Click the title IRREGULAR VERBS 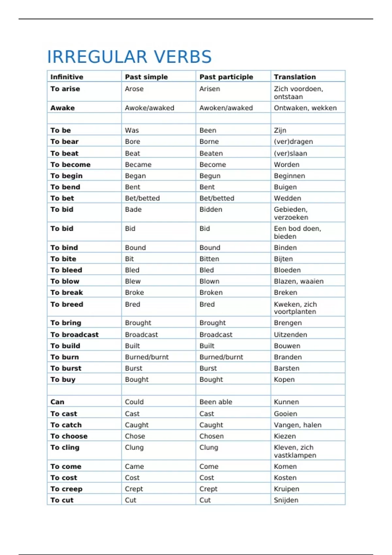(x=129, y=57)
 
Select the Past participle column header (x=226, y=77)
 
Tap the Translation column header (x=295, y=77)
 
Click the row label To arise (x=65, y=89)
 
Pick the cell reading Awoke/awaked (x=149, y=108)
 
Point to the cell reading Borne (x=209, y=142)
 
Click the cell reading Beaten (x=211, y=153)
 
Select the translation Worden (x=286, y=165)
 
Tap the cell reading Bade (x=133, y=210)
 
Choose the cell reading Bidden (x=211, y=210)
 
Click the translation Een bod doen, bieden (x=297, y=232)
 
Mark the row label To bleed (x=66, y=270)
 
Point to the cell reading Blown (x=209, y=281)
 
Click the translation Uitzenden (x=290, y=335)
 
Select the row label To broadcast (x=74, y=335)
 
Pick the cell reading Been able (x=216, y=402)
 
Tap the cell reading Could (x=134, y=402)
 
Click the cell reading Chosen (x=211, y=436)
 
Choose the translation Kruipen (x=286, y=489)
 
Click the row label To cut (x=62, y=500)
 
